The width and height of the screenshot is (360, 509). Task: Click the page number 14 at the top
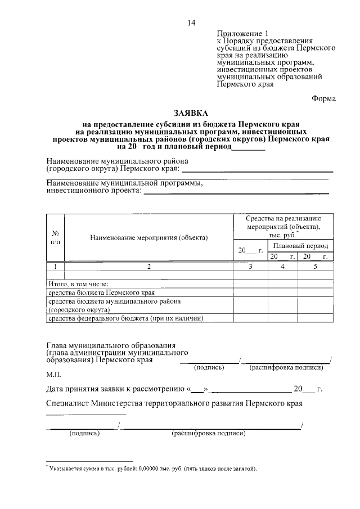[x=191, y=23]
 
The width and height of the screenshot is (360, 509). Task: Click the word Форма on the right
[x=324, y=99]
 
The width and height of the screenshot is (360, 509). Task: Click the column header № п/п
[x=56, y=237]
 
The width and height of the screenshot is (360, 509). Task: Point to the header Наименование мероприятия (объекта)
[x=149, y=237]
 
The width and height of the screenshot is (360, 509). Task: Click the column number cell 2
[x=149, y=267]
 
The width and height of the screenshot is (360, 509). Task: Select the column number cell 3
[x=250, y=267]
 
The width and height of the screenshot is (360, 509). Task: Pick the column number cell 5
[x=316, y=267]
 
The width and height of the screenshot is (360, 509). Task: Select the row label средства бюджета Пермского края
[x=101, y=292]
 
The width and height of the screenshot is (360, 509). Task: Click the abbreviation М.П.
[x=55, y=374]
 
